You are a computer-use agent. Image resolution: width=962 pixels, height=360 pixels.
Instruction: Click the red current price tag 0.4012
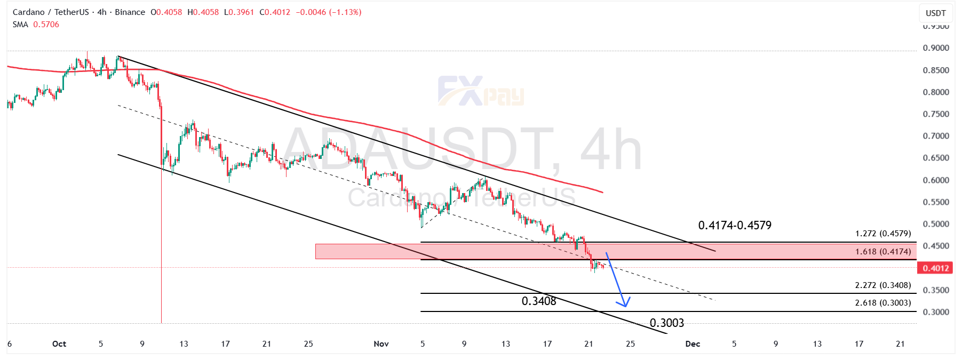click(936, 268)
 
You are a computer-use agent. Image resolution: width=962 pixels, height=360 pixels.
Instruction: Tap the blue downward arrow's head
click(625, 302)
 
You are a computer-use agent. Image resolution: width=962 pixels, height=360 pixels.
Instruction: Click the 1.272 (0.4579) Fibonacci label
click(883, 234)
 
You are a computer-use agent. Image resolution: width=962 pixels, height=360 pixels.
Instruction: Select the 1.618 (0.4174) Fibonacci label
click(883, 252)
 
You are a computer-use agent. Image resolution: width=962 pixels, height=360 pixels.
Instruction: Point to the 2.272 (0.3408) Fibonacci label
click(883, 285)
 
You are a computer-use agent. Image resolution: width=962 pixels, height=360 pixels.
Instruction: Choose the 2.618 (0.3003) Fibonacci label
click(883, 303)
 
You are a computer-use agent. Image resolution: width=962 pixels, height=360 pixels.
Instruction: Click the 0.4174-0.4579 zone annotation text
click(735, 226)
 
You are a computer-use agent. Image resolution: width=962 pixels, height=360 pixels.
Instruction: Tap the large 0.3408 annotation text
click(539, 301)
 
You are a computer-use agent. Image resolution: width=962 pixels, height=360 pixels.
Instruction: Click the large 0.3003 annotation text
click(666, 323)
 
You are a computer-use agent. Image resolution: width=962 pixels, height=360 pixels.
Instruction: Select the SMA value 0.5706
click(46, 25)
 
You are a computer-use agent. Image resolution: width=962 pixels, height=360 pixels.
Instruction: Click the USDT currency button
click(935, 13)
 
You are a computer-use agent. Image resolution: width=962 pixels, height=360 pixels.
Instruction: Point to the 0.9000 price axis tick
click(936, 48)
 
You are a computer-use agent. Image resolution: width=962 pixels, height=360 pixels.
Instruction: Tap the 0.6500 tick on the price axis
click(936, 158)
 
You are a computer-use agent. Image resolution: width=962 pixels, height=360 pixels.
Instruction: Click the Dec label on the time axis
click(693, 344)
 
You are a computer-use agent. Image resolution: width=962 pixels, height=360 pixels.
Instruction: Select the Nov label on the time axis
click(381, 344)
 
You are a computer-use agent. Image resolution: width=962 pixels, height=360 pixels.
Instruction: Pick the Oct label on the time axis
click(59, 344)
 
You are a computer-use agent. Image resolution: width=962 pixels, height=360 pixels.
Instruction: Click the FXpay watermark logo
click(481, 91)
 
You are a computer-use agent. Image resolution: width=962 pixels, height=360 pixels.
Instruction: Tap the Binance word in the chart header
click(130, 12)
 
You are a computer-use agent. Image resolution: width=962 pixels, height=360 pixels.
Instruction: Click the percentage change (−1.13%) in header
click(345, 12)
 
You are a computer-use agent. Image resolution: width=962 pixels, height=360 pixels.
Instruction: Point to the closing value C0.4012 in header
click(275, 12)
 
